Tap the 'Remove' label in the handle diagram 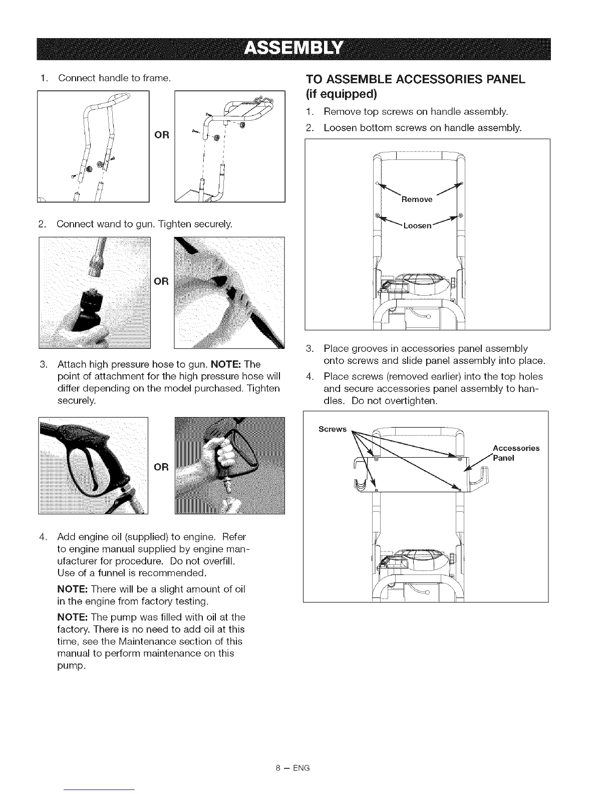tap(417, 200)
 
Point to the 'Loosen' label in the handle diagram tap(417, 226)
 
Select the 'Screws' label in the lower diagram tap(333, 429)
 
